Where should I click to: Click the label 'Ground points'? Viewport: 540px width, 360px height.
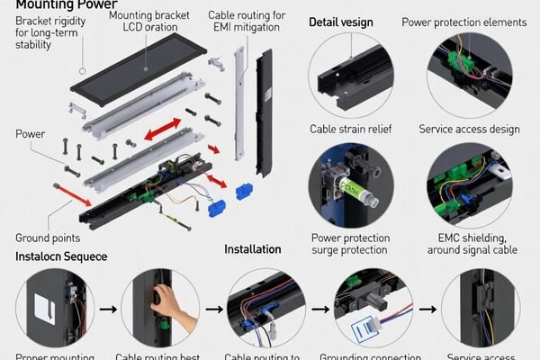click(47, 238)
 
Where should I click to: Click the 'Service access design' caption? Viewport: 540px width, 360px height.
click(469, 130)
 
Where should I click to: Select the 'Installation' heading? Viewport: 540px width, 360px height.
click(253, 249)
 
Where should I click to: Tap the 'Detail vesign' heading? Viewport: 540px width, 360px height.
click(342, 21)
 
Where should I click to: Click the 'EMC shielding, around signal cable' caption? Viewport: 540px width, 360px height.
click(469, 245)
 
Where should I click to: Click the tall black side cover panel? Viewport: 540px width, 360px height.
click(264, 112)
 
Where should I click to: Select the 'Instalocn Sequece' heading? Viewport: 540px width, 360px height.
click(61, 257)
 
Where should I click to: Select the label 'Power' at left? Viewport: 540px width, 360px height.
click(31, 134)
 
